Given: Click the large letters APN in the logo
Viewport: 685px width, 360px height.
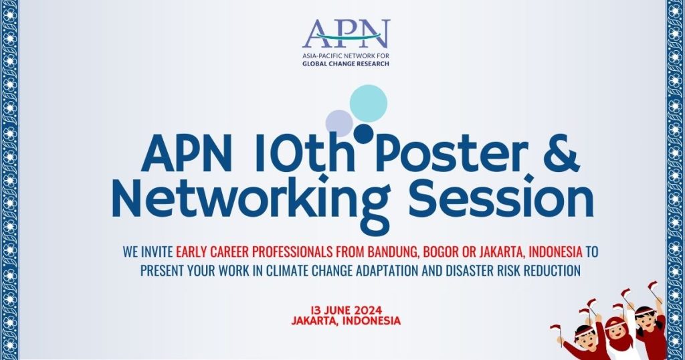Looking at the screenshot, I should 345,33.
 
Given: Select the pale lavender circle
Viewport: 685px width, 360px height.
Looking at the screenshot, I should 339,123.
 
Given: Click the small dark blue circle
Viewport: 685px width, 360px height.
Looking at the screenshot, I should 363,134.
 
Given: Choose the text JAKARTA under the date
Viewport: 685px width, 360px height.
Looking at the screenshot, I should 317,321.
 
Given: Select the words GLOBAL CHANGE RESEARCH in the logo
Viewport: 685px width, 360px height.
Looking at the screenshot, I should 345,64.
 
